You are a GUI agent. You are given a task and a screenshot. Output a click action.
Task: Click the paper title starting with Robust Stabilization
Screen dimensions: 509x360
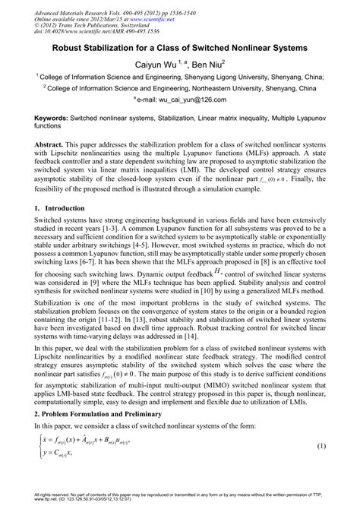pyautogui.click(x=179, y=48)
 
